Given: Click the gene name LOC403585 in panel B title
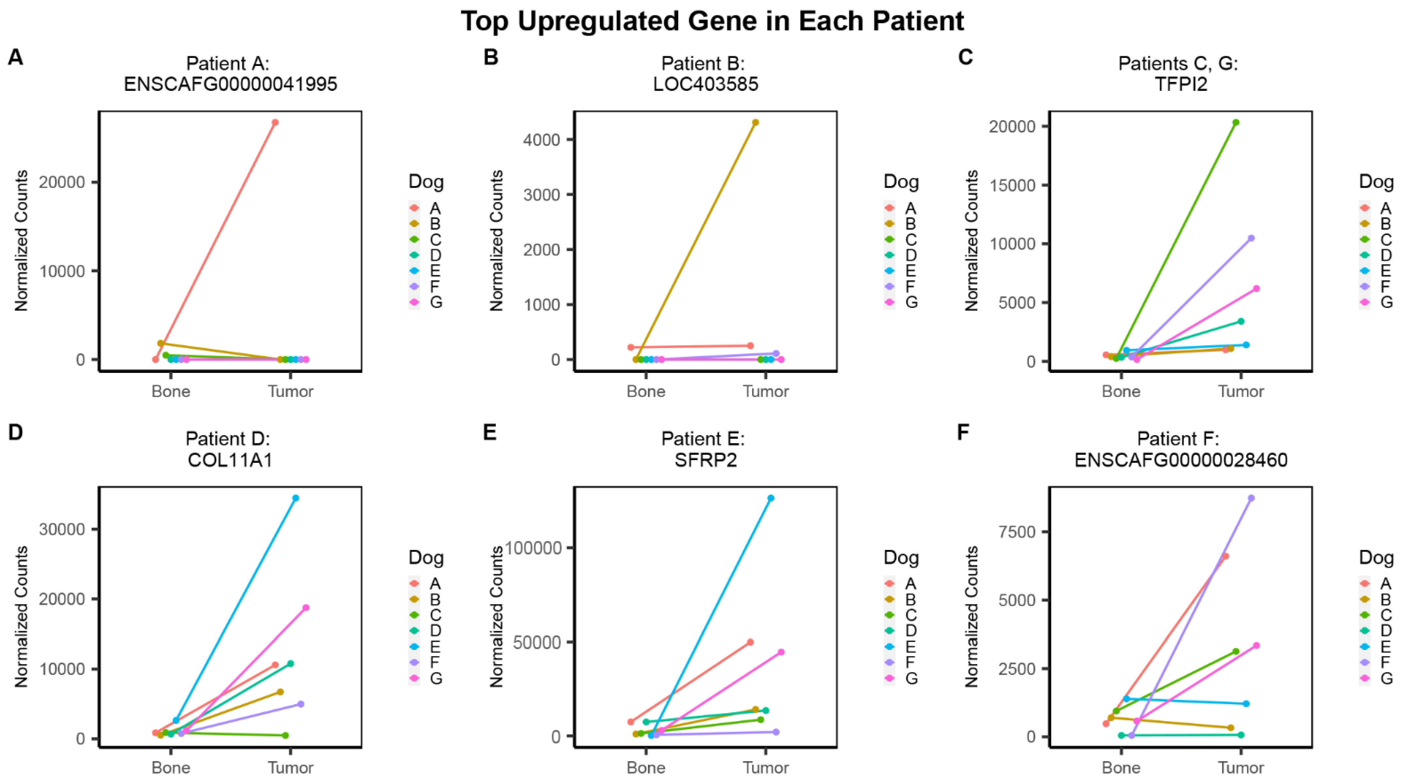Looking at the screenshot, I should pos(705,84).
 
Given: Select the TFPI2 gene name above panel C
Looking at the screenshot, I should pos(1181,84).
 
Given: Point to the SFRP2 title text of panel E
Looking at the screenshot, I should pos(705,460).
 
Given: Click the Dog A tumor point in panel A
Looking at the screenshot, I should pos(275,122).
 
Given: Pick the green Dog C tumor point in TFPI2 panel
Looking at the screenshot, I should pos(1236,122).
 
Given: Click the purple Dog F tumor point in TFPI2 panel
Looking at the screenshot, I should pos(1251,238).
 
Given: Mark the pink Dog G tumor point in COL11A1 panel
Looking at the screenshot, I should pos(306,608).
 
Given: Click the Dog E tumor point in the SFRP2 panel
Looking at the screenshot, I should pos(771,498).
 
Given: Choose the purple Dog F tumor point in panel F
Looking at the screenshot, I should pos(1251,498).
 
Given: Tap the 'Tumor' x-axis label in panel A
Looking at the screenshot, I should pos(290,392).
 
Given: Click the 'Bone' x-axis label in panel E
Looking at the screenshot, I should pos(646,768).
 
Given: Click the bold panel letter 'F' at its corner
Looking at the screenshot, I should pos(963,432).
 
